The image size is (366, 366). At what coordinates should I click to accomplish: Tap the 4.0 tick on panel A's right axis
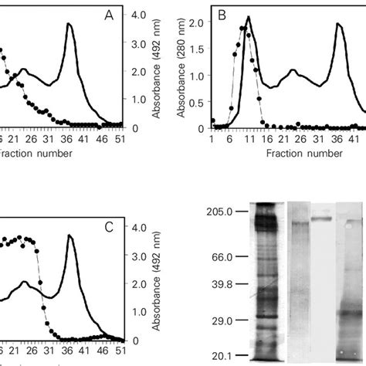click(140, 15)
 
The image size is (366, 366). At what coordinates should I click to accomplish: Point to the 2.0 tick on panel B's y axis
click(197, 23)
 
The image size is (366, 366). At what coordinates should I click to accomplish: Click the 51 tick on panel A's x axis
click(120, 140)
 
